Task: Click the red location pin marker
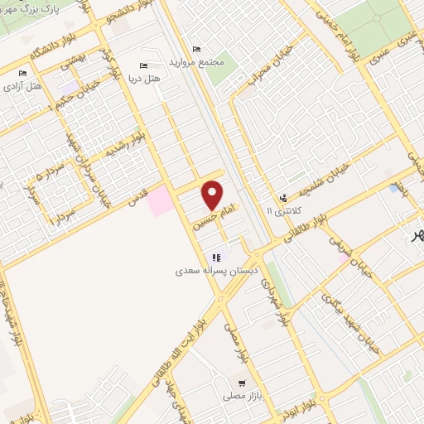[x=213, y=195]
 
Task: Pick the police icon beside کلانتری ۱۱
[x=284, y=198]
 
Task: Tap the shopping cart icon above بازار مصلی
[x=241, y=383]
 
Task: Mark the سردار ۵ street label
[x=33, y=176]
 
